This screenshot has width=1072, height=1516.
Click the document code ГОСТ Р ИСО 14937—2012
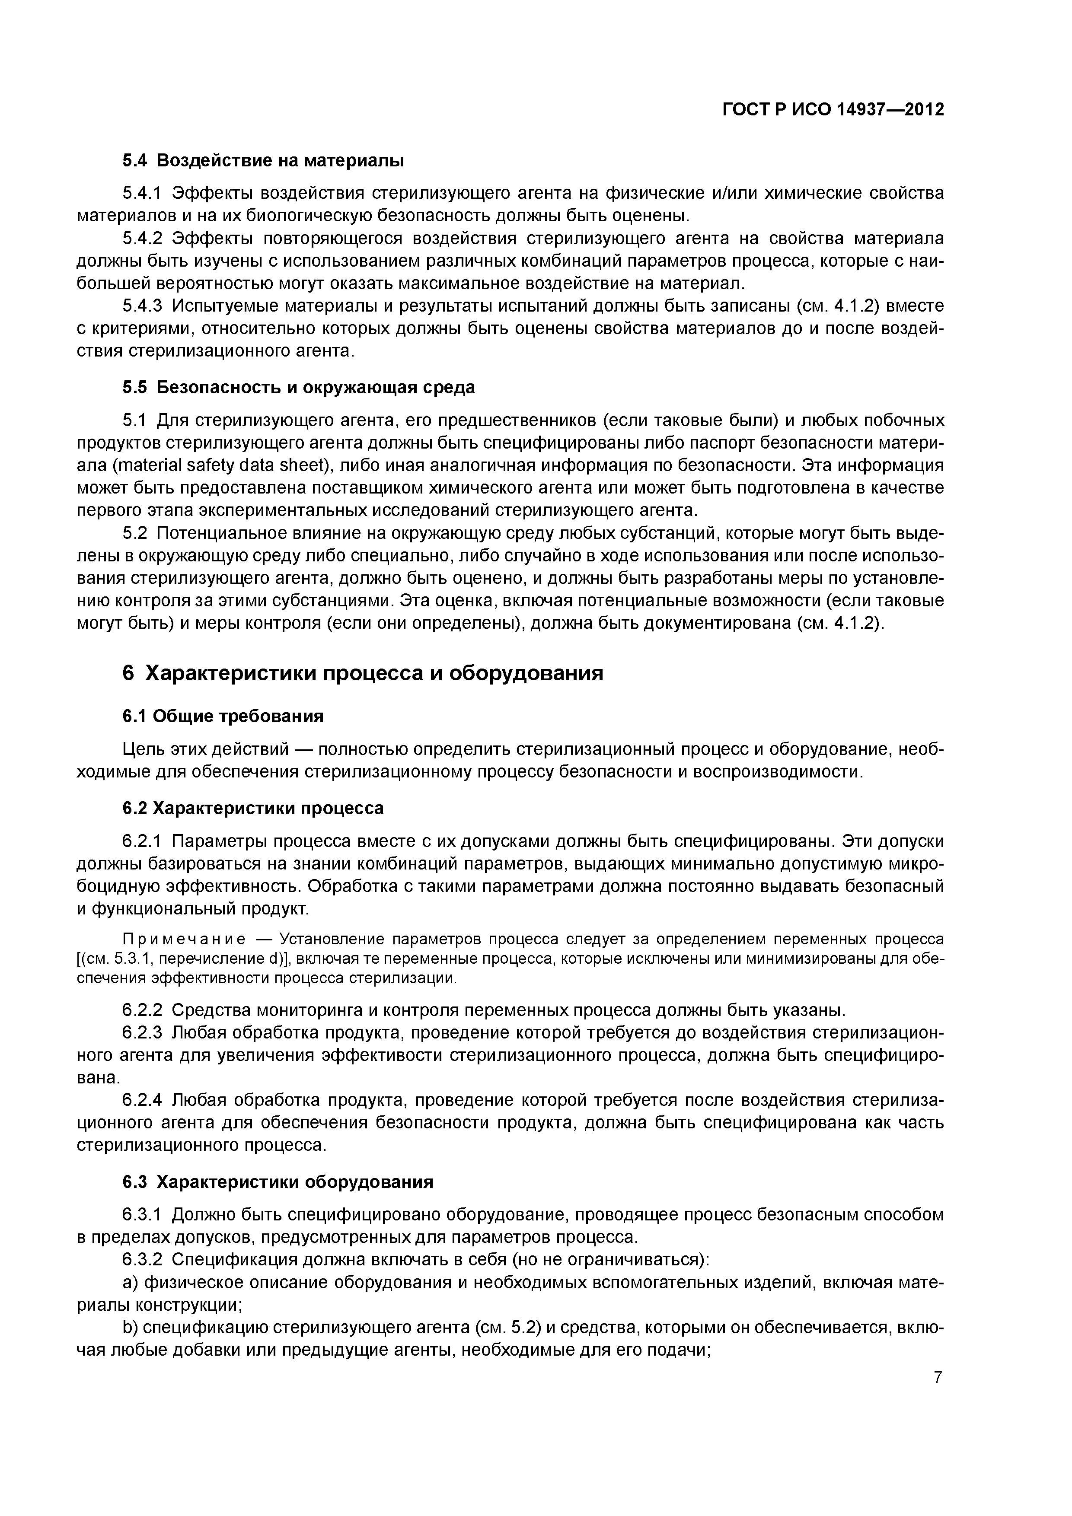click(833, 110)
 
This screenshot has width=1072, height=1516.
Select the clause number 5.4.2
click(142, 239)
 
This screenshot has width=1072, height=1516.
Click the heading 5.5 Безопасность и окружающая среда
click(299, 387)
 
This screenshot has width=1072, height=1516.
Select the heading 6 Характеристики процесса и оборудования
click(363, 673)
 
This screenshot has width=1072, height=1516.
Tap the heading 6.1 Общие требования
click(223, 717)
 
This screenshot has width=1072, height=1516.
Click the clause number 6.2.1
click(142, 841)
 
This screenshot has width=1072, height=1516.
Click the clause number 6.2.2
click(142, 1010)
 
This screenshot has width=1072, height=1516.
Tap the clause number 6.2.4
click(142, 1100)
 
